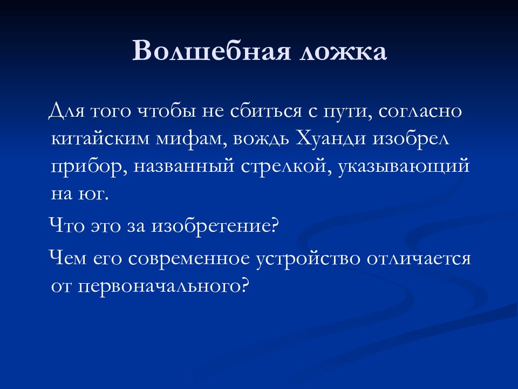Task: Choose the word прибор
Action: [x=86, y=166]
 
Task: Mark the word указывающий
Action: [x=404, y=166]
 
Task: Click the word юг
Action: [x=95, y=194]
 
